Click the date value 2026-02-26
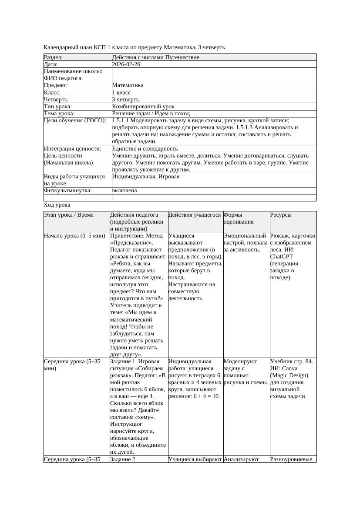tap(126, 64)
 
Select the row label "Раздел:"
tap(54, 57)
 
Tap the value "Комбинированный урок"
tap(143, 107)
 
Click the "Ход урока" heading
tap(57, 205)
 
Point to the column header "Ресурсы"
tap(281, 215)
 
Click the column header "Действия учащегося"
tap(195, 215)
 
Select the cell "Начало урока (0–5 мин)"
tap(75, 236)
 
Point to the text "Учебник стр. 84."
tap(291, 362)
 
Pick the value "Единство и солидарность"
tap(145, 149)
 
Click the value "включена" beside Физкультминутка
tap(124, 191)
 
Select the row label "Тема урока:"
tap(59, 114)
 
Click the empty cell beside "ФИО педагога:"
tap(214, 78)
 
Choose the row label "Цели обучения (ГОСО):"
tap(75, 121)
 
